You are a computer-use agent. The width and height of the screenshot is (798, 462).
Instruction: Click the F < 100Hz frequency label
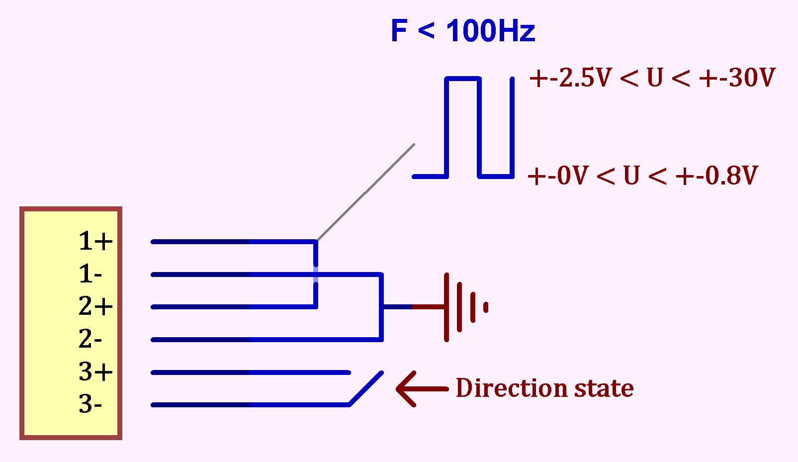coord(462,31)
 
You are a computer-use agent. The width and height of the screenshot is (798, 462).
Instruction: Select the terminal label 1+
coord(95,241)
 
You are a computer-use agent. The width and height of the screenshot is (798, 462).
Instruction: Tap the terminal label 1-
coord(90,274)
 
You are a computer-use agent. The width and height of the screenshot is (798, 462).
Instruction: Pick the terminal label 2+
coord(95,306)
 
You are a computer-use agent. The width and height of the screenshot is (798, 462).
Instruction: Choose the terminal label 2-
coord(90,339)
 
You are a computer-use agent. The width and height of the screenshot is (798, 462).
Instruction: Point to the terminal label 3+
coord(95,371)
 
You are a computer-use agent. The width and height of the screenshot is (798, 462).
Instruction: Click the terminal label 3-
coord(90,404)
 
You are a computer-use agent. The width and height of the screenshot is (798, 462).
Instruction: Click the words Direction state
coord(544,388)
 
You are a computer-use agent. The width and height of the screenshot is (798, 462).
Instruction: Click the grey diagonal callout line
coord(365,192)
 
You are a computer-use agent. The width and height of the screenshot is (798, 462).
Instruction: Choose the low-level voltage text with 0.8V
coord(642,176)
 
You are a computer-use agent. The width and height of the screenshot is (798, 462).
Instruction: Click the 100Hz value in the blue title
coord(490,31)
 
